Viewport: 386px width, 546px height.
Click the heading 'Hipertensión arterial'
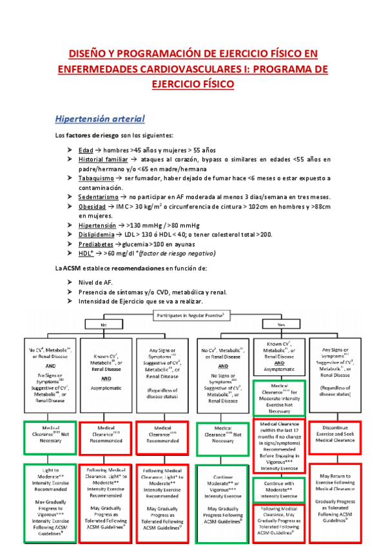(100, 119)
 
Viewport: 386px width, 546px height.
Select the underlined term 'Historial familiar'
(102, 159)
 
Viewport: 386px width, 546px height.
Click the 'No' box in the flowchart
(103, 325)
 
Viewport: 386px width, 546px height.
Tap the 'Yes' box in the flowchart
(280, 325)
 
